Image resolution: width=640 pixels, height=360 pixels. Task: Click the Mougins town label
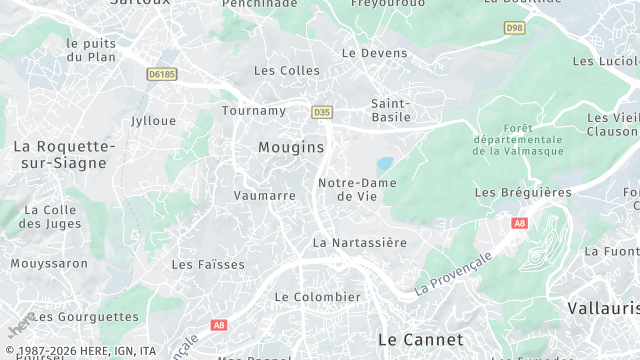point(291,147)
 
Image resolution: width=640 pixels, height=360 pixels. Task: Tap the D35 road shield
point(321,112)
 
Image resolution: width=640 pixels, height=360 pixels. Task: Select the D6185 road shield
point(161,74)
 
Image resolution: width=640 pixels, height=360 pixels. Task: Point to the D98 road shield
point(514,28)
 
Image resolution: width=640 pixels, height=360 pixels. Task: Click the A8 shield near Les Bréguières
point(519,223)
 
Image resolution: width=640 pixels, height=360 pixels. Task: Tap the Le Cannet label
point(421,340)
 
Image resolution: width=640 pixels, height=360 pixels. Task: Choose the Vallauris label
point(602,309)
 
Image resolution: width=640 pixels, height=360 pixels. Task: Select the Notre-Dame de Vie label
point(357,189)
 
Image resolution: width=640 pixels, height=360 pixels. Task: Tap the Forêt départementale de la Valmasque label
point(519,139)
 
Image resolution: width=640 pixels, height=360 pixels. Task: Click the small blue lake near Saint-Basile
point(384,164)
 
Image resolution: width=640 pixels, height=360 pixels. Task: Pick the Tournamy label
point(253,110)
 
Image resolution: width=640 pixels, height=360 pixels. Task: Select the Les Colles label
point(287,71)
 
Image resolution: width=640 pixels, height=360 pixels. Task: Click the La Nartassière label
point(360,242)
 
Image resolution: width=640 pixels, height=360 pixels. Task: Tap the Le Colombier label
point(317,297)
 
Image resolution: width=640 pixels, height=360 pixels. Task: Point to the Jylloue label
point(153,121)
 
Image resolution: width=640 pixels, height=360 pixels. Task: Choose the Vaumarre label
point(264,196)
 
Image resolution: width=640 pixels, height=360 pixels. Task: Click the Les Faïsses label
point(208,265)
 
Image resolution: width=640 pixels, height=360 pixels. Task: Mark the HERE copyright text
point(80,351)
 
